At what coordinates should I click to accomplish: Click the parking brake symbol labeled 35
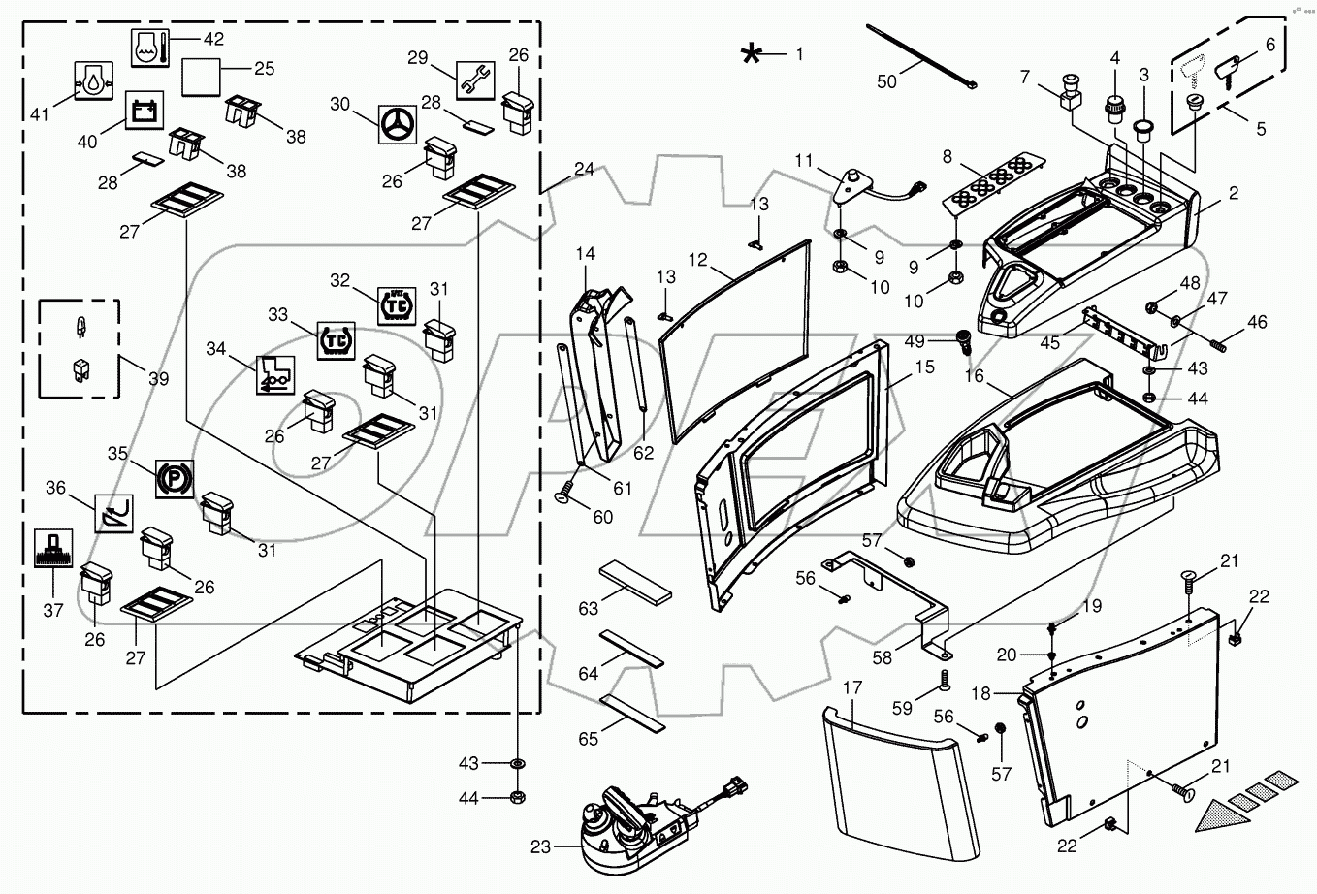(175, 479)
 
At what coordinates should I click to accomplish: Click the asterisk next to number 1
(751, 54)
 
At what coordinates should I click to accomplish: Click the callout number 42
(213, 39)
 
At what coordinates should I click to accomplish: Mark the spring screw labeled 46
(1217, 339)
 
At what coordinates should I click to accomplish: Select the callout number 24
(584, 168)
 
